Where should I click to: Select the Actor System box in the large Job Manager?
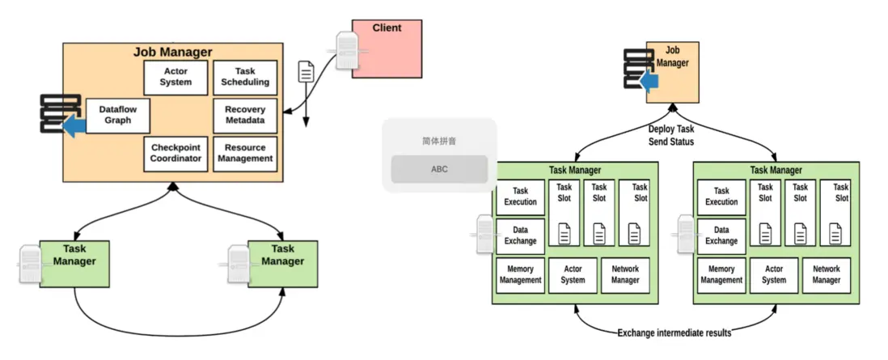click(x=175, y=77)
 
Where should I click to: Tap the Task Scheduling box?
click(x=245, y=77)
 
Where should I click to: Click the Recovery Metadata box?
click(x=245, y=115)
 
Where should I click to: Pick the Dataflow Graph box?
click(x=118, y=115)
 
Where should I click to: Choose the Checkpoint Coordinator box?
click(x=175, y=153)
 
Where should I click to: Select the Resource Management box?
click(x=245, y=153)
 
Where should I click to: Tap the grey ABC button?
click(x=439, y=169)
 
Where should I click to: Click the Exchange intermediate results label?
click(x=674, y=332)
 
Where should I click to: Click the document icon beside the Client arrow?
click(x=307, y=71)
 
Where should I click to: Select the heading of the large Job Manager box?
click(x=172, y=53)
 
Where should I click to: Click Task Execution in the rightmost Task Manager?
click(x=721, y=197)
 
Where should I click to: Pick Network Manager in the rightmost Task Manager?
click(x=826, y=275)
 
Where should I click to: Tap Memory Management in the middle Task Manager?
click(x=520, y=275)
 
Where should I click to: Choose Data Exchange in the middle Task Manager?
click(x=520, y=235)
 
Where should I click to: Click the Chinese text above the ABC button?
click(x=439, y=141)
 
